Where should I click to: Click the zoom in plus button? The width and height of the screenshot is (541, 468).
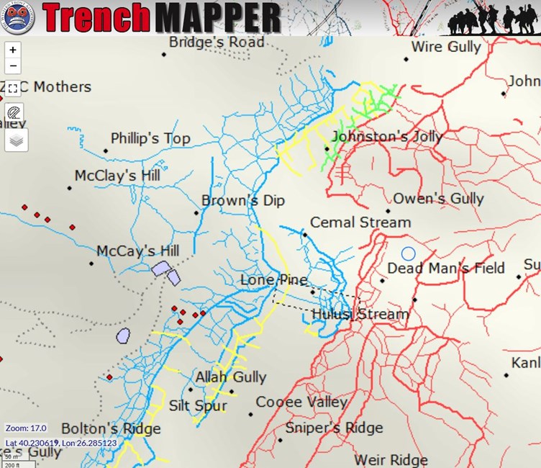pos(14,50)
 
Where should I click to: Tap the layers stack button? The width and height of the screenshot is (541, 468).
pos(16,139)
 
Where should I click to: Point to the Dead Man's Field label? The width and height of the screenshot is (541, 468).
pos(446,269)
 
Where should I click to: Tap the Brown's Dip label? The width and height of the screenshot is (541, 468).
pos(243,201)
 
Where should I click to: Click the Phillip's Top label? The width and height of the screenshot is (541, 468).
pos(150,138)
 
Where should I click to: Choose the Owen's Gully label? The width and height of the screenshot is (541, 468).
pos(438,199)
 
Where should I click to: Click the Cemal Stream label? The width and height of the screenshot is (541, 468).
pos(360,222)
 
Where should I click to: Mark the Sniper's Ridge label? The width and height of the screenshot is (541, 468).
pos(334,428)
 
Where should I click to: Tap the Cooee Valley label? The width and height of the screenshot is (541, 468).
pos(301,402)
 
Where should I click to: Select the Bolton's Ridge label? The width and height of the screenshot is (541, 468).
pos(111,429)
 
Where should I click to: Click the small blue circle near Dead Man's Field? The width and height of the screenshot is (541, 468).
pos(409,253)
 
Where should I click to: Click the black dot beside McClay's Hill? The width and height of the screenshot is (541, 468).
pos(70,188)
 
